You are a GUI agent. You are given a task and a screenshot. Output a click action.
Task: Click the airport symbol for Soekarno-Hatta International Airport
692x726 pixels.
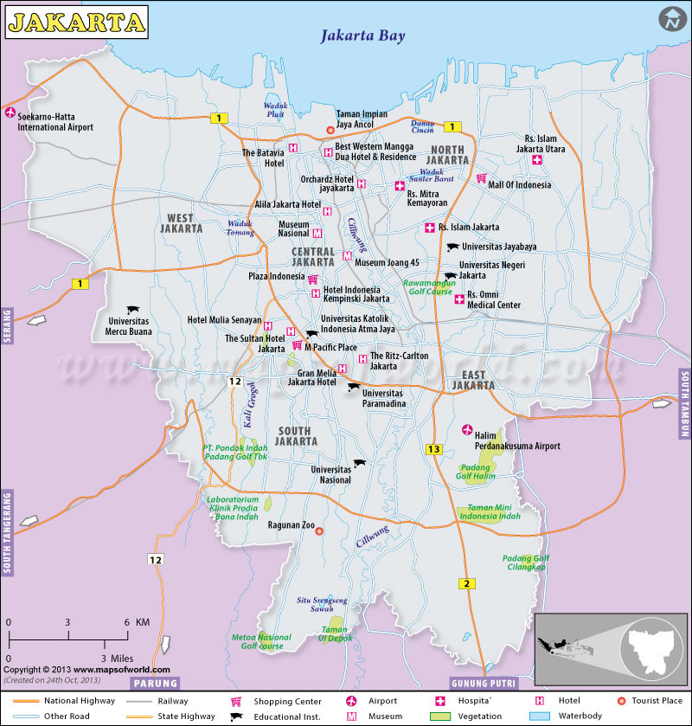[x=10, y=113]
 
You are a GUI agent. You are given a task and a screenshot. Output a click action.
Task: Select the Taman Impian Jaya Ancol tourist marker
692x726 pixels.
[x=329, y=131]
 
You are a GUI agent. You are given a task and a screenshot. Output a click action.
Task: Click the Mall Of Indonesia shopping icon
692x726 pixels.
[x=480, y=179]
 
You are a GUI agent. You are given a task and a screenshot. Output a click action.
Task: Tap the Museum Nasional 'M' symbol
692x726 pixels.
[x=317, y=234]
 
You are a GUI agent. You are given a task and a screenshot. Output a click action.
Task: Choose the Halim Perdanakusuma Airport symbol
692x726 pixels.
[x=468, y=430]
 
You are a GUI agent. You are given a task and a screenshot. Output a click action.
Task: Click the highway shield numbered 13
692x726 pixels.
[x=433, y=448]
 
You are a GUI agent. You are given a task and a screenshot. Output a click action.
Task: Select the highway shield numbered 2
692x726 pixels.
[x=467, y=583]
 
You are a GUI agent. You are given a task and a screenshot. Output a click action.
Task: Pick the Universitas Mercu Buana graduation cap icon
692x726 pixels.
[x=133, y=310]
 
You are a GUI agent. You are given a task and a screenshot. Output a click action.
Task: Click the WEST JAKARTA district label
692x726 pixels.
[x=182, y=223]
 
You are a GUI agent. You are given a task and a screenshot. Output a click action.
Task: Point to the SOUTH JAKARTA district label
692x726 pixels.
[x=296, y=435]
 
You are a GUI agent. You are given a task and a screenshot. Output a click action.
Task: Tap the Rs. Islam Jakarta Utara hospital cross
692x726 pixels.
[x=537, y=160]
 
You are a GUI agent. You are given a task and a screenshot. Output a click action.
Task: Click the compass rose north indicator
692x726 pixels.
[x=670, y=18]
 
